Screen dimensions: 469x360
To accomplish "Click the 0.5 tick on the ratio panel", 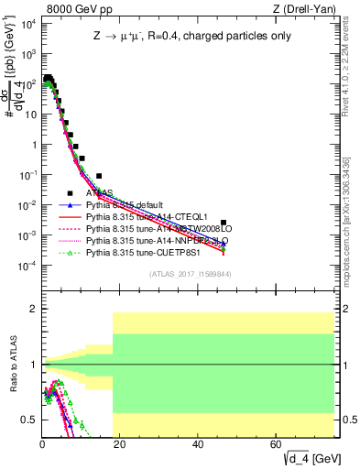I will click(x=29, y=420).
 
